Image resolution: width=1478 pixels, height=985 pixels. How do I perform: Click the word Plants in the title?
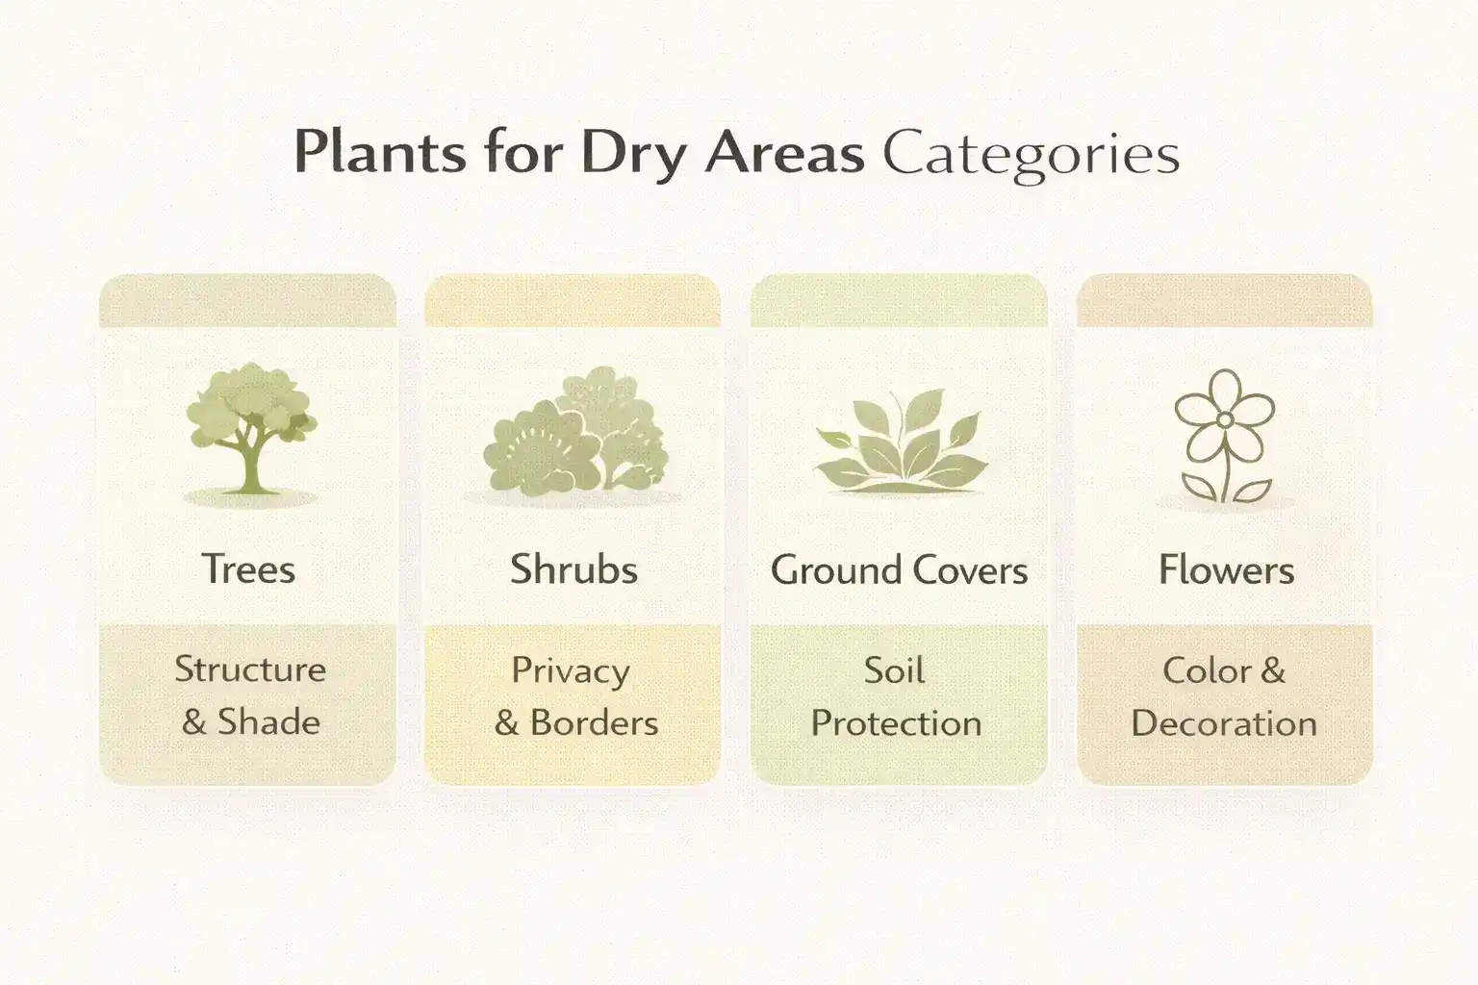click(x=380, y=152)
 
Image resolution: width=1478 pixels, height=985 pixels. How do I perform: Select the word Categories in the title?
click(x=1031, y=154)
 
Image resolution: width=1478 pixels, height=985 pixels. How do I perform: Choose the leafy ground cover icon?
click(x=900, y=442)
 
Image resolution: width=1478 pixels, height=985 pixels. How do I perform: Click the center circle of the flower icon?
click(x=1224, y=419)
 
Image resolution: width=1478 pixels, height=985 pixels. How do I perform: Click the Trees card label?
click(x=248, y=568)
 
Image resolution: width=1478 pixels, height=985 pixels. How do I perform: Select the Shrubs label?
click(x=573, y=568)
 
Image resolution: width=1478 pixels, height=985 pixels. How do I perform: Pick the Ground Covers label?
click(x=899, y=569)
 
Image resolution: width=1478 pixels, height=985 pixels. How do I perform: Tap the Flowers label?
click(x=1226, y=569)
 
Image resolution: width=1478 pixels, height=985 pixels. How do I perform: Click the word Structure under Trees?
click(x=250, y=669)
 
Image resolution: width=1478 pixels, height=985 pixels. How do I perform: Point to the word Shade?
click(x=268, y=721)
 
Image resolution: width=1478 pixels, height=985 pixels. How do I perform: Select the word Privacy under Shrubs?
click(x=571, y=670)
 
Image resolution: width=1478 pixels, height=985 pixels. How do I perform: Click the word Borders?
click(x=594, y=722)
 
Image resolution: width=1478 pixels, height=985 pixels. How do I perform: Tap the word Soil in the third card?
click(x=894, y=669)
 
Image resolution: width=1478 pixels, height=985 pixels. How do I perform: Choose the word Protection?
click(x=896, y=723)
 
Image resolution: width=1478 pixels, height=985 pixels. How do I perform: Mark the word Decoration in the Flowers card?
click(x=1224, y=723)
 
